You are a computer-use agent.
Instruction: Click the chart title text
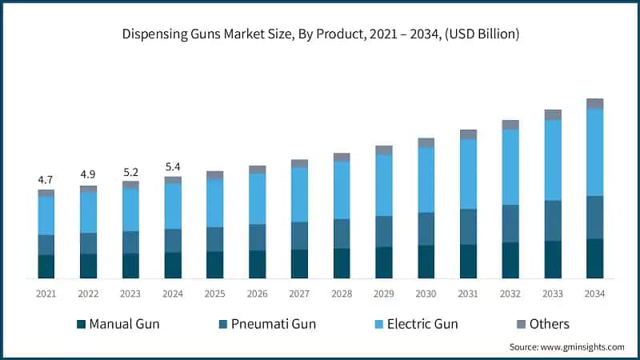coord(319,34)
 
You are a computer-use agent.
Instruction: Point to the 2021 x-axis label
coord(46,294)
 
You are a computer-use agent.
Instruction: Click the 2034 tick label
coord(594,294)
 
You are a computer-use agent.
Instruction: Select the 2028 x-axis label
coord(342,294)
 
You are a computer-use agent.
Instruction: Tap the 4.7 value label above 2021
coord(46,180)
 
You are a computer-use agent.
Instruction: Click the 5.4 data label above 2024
coord(173,167)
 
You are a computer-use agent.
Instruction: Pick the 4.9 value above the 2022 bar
coord(88,175)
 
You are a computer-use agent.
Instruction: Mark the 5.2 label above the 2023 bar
coord(130,171)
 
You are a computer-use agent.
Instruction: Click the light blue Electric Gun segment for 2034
coord(594,152)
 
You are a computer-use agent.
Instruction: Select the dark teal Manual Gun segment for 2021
coord(46,266)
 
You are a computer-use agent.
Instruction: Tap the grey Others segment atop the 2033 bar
coord(553,115)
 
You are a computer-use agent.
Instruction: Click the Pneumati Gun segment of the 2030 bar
coord(426,229)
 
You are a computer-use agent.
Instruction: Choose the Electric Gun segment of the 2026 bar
coord(257,198)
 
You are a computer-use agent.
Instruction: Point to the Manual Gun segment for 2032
coord(510,260)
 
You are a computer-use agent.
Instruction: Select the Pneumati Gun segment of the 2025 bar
coord(214,239)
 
